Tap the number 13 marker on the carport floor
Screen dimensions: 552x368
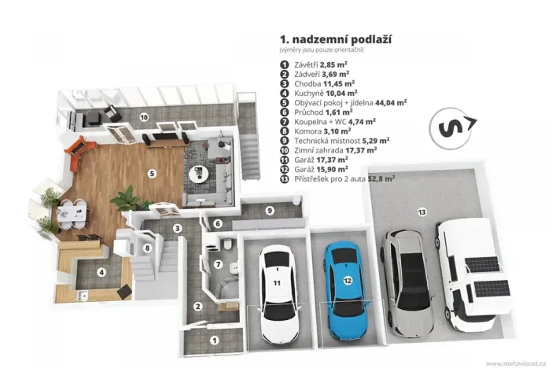point(421,212)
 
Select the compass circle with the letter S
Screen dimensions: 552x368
point(451,128)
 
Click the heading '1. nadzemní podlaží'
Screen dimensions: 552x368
point(336,39)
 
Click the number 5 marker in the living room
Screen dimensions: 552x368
point(152,174)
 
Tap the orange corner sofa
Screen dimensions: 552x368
point(79,153)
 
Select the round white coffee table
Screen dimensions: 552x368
point(199,174)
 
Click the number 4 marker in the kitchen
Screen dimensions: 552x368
point(101,272)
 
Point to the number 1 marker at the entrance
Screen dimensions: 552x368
point(214,340)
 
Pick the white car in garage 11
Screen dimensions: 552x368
point(279,294)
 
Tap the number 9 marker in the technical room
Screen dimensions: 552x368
point(270,211)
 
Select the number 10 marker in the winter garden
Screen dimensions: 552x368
point(144,117)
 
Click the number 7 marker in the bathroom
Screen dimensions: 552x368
point(219,264)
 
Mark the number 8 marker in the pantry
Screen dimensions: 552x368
point(148,248)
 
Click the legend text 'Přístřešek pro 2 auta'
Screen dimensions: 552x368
point(330,179)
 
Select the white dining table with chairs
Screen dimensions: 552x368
point(72,212)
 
